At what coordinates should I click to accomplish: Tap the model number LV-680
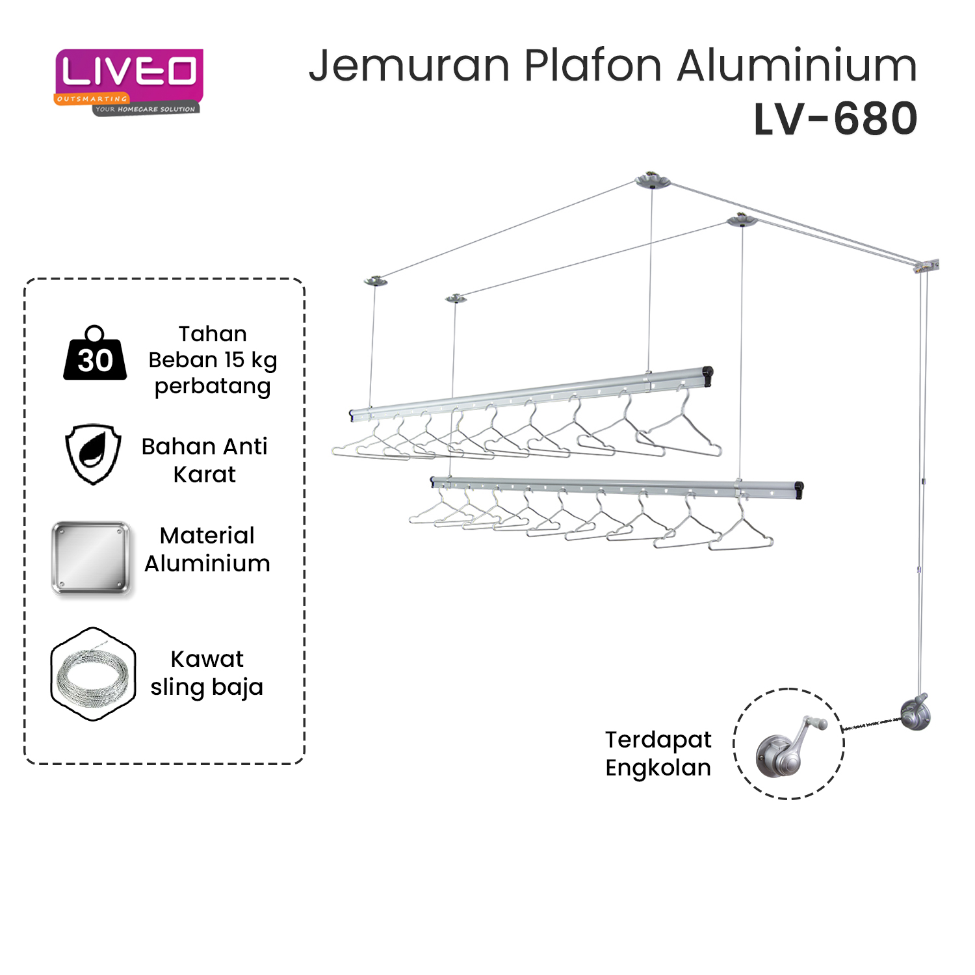[x=835, y=120]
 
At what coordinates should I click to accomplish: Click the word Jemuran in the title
[x=409, y=66]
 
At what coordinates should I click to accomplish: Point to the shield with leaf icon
[x=94, y=454]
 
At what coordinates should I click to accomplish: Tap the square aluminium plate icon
[x=92, y=558]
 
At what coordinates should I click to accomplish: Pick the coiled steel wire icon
[x=93, y=675]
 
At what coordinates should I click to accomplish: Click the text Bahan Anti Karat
[x=205, y=460]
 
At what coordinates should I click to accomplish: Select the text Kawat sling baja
[x=207, y=673]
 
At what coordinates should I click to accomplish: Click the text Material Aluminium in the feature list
[x=207, y=549]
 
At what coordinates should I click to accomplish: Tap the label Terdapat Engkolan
[x=658, y=753]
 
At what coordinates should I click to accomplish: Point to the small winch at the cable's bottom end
[x=915, y=712]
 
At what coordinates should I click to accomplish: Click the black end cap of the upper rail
[x=708, y=375]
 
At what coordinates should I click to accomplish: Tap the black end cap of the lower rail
[x=799, y=489]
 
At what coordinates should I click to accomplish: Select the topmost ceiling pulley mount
[x=652, y=180]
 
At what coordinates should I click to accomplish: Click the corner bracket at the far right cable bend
[x=928, y=266]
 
